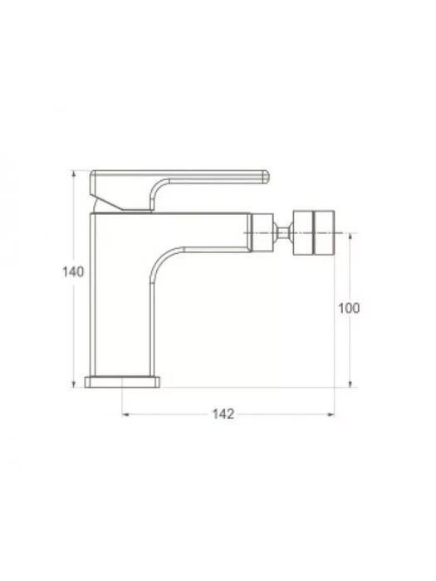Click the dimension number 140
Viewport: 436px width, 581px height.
(x=73, y=272)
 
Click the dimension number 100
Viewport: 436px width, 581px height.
(x=349, y=308)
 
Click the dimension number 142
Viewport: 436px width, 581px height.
(x=223, y=414)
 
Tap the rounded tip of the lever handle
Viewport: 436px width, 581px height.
(x=266, y=177)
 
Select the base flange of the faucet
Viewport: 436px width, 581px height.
(x=122, y=382)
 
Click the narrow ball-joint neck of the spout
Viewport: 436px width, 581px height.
(x=283, y=232)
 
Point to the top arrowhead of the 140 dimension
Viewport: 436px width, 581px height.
(x=73, y=173)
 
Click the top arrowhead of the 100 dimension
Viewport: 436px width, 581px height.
(x=350, y=237)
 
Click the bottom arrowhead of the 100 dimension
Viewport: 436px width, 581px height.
(x=350, y=383)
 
